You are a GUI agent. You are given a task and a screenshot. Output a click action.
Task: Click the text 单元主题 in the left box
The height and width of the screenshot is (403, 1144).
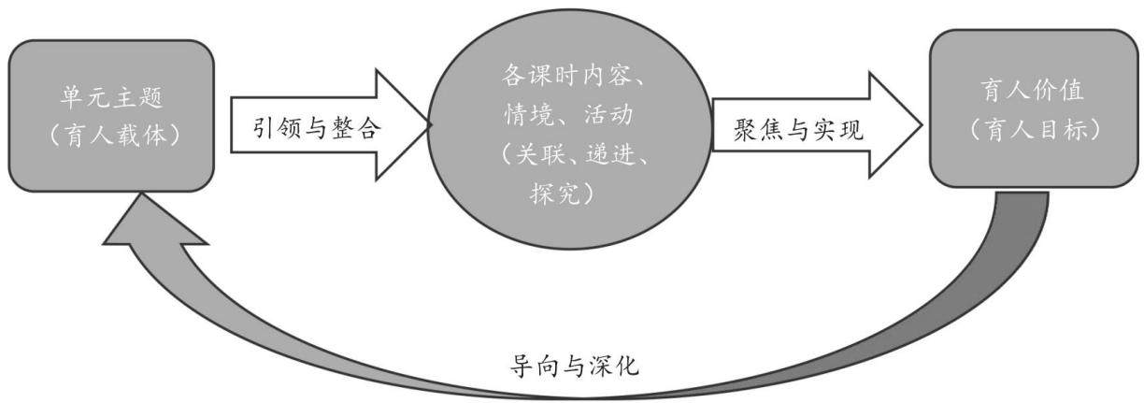(111, 97)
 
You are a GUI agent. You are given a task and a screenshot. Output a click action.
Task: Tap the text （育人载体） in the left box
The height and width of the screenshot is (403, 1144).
(114, 136)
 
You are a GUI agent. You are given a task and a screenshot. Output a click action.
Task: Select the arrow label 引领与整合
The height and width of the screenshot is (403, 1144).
(317, 127)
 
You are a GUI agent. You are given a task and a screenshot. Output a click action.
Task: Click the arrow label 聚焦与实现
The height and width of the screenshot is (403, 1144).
(798, 130)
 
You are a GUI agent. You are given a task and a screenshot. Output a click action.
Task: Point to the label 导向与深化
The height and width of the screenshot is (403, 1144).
(574, 366)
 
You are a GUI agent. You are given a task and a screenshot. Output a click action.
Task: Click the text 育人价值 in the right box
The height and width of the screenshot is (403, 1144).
(1032, 91)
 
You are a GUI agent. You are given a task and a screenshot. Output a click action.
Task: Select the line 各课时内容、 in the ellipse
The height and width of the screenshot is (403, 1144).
(572, 75)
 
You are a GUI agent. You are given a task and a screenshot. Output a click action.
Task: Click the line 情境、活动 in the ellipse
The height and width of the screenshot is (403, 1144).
(569, 114)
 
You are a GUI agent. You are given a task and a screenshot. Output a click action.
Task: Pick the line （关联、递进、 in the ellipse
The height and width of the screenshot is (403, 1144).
(576, 153)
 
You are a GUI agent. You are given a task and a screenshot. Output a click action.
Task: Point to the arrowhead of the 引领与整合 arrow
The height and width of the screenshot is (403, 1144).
(403, 124)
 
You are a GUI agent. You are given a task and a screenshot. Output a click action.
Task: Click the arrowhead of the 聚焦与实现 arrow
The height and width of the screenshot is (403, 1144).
(895, 124)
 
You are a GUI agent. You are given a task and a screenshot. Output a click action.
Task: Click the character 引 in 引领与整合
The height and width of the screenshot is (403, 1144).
(265, 127)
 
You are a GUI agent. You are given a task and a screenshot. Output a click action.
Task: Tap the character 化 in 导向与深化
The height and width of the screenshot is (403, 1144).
(627, 366)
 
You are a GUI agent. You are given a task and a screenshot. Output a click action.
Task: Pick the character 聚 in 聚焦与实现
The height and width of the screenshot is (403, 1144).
(746, 130)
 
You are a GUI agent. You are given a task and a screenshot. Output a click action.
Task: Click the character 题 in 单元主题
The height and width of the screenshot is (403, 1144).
(150, 97)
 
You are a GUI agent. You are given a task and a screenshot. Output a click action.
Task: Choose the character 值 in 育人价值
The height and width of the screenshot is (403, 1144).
(1071, 91)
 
